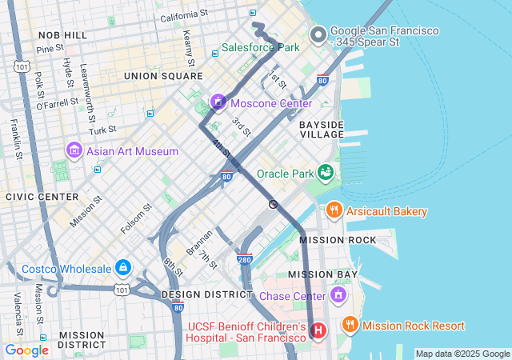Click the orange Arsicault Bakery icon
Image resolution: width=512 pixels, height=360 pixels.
pyautogui.click(x=334, y=211)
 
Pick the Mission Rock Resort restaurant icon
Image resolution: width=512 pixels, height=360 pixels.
pyautogui.click(x=350, y=325)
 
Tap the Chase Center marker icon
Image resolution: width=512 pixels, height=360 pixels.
pyautogui.click(x=338, y=295)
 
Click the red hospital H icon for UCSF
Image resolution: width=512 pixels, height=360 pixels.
pyautogui.click(x=318, y=330)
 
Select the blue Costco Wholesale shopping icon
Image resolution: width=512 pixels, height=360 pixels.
pyautogui.click(x=122, y=267)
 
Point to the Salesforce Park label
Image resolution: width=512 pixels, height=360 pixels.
pyautogui.click(x=260, y=47)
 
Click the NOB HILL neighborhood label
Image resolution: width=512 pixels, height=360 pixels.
pyautogui.click(x=62, y=35)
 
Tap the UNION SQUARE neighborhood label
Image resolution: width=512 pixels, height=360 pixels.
pyautogui.click(x=163, y=75)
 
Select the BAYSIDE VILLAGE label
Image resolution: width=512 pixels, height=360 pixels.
pyautogui.click(x=322, y=130)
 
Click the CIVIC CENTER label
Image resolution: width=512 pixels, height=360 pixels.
pyautogui.click(x=42, y=196)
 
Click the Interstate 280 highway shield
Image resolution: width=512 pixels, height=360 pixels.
pyautogui.click(x=245, y=259)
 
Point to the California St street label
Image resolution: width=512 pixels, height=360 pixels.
pyautogui.click(x=184, y=15)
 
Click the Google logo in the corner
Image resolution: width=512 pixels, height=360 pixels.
pyautogui.click(x=26, y=350)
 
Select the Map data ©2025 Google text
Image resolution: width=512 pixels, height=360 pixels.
pyautogui.click(x=462, y=354)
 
